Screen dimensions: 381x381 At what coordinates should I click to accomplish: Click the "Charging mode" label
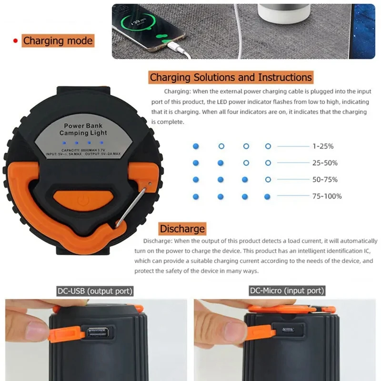tap(58, 40)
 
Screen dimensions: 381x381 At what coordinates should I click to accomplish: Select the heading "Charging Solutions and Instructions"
tap(231, 77)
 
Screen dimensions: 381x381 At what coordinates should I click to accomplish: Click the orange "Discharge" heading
tap(182, 229)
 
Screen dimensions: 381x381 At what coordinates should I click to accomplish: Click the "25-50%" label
tap(325, 163)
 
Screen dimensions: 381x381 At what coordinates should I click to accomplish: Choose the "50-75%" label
tap(325, 180)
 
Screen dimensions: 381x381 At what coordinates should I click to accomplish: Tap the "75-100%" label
tap(327, 196)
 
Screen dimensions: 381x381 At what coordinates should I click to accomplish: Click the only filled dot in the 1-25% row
tap(196, 146)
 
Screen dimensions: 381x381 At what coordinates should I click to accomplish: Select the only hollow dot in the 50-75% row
tap(268, 180)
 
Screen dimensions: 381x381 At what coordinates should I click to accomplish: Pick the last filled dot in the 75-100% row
tap(267, 196)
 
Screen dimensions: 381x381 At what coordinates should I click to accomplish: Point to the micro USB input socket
tap(288, 330)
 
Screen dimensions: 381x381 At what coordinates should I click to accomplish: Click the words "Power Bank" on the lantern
tap(80, 126)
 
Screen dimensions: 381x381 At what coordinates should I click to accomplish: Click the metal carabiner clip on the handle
tap(131, 205)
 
